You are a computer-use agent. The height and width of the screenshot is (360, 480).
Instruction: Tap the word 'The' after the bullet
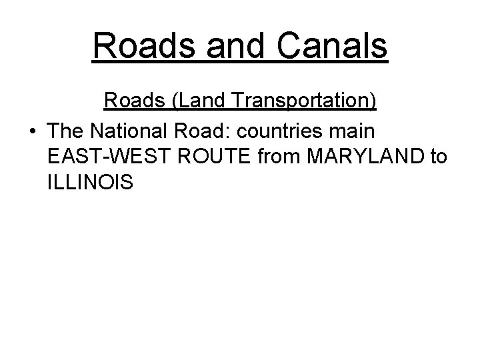coord(68,129)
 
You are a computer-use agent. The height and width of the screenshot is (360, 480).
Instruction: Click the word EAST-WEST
coord(105,156)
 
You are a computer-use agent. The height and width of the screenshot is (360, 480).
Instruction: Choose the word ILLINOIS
coord(91,183)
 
